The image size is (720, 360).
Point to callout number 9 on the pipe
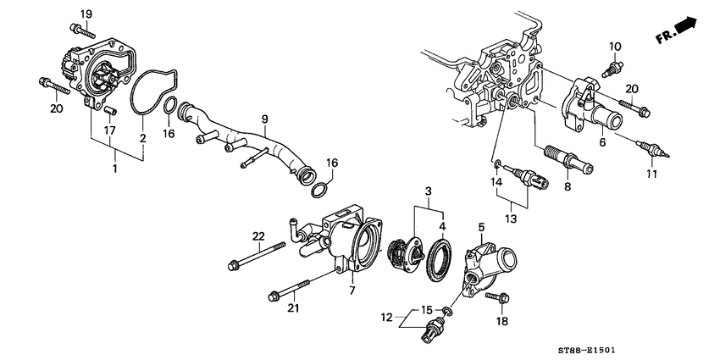click(x=263, y=119)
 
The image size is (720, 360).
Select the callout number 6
click(x=602, y=144)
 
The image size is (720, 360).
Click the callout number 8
click(x=566, y=186)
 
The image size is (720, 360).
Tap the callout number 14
click(x=498, y=181)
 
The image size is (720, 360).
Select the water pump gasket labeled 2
click(x=152, y=92)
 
